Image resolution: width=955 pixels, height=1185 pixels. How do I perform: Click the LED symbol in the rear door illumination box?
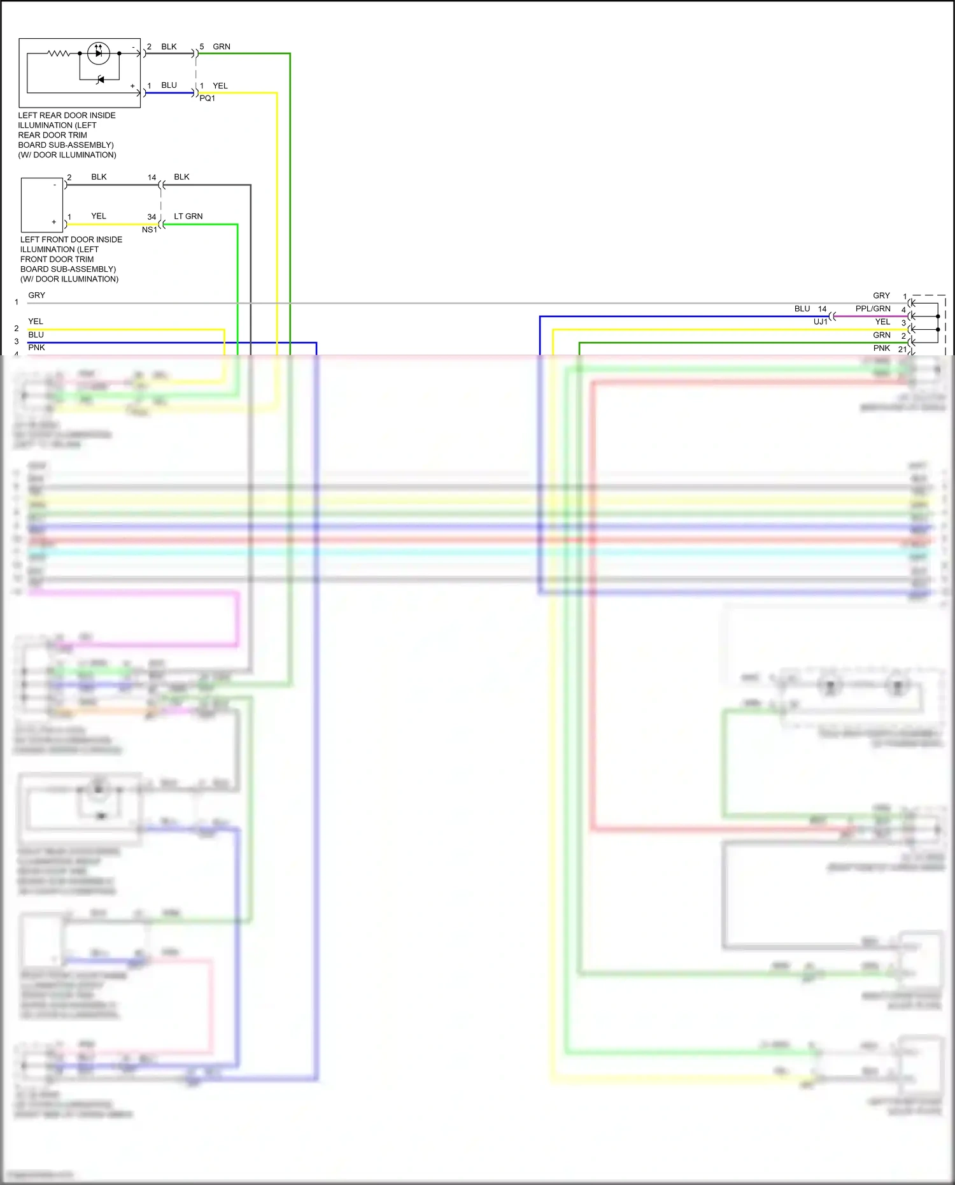tap(98, 53)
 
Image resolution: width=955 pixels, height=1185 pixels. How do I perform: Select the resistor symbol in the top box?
tap(59, 53)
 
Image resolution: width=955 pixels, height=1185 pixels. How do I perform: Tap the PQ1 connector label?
tap(207, 98)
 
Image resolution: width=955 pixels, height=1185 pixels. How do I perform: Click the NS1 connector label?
tap(149, 230)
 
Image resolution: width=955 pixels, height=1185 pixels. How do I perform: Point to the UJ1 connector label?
tap(820, 322)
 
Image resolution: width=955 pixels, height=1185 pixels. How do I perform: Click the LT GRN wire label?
tap(188, 216)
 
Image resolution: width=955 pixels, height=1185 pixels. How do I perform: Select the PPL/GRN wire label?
tap(873, 309)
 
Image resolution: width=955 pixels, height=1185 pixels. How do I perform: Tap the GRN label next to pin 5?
tap(222, 46)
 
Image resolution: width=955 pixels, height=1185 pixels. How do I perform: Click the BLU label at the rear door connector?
tap(169, 85)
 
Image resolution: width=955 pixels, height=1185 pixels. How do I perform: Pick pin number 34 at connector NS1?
tap(152, 217)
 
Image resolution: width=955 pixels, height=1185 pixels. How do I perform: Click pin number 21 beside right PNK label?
tap(902, 349)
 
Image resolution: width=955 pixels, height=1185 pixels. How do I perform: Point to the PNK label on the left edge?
tap(36, 348)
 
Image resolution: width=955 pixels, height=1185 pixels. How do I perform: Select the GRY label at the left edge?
tap(36, 295)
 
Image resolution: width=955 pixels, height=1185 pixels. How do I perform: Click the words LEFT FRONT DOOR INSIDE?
tap(71, 239)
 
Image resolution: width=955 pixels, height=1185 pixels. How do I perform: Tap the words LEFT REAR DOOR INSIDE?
tap(67, 115)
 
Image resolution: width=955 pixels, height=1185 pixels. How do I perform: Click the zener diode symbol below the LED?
tap(100, 80)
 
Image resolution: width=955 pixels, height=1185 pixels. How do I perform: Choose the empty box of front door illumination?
tap(42, 205)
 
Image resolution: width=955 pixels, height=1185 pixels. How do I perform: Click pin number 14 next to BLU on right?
tap(822, 309)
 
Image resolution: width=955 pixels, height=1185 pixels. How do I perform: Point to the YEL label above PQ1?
tap(220, 85)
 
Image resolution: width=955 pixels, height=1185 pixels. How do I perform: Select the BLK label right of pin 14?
tap(181, 177)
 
